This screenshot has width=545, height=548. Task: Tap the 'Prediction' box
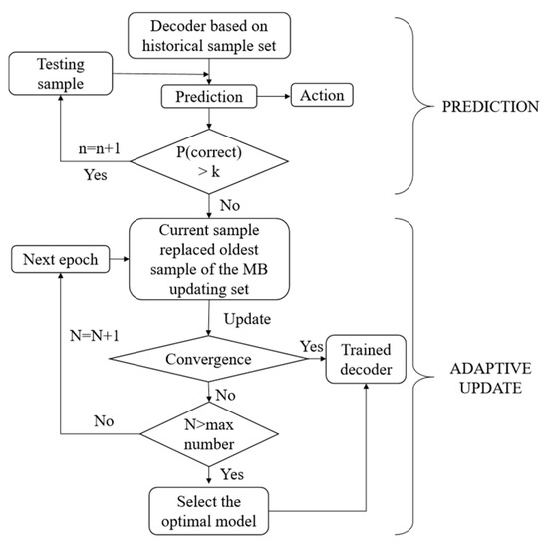point(209,97)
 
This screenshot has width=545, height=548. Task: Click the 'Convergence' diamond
point(208,356)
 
